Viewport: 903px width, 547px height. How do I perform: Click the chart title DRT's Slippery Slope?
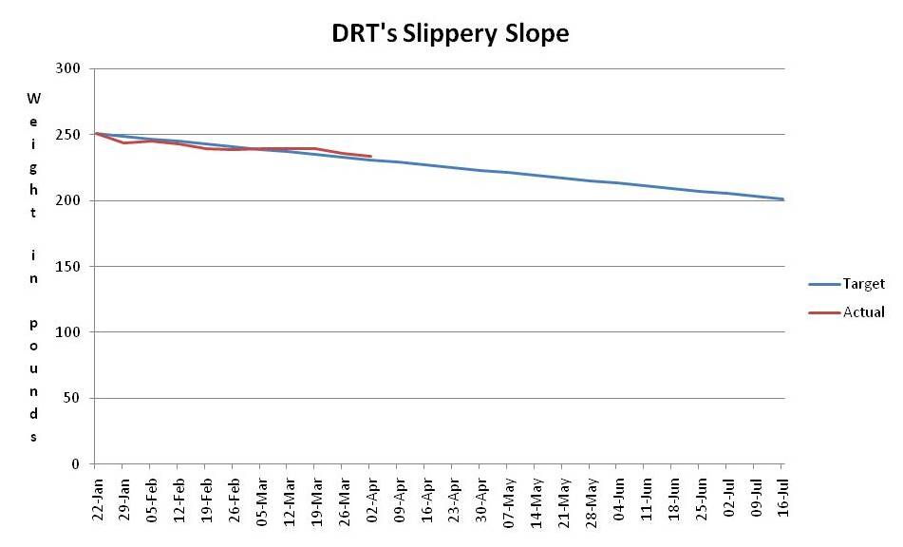450,33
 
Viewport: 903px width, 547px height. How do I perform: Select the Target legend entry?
863,284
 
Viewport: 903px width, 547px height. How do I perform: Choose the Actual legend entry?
863,311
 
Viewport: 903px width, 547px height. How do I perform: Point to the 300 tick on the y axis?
69,69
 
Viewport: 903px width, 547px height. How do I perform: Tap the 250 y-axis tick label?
69,135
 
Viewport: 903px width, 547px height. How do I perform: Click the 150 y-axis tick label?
69,267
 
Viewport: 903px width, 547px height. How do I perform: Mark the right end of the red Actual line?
370,156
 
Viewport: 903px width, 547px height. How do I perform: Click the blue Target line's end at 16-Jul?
782,199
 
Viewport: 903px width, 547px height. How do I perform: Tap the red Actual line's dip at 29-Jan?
122,142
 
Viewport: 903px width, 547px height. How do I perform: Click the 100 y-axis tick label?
69,332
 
